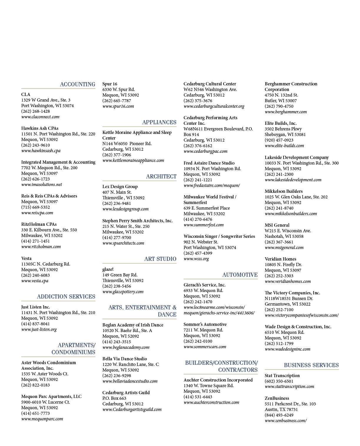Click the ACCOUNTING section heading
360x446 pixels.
click(77, 84)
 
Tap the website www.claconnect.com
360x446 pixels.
click(40, 117)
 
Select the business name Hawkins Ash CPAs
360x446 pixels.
click(40, 128)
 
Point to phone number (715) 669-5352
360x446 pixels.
click(36, 207)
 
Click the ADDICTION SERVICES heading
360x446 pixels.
click(66, 296)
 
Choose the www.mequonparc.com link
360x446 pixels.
click(42, 419)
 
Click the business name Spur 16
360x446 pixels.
click(110, 84)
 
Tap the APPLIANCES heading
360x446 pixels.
click(159, 122)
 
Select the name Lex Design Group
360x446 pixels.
click(120, 186)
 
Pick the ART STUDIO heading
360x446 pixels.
click(160, 259)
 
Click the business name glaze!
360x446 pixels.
click(108, 269)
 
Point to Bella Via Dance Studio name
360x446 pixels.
click(124, 359)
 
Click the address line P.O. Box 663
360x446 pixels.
click(114, 398)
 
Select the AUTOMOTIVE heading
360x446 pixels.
click(240, 275)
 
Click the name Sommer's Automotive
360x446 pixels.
click(205, 324)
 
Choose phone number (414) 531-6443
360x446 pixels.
click(198, 397)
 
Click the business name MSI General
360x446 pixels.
click(277, 225)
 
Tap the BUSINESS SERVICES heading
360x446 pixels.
click(311, 365)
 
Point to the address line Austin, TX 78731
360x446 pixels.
click(281, 409)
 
